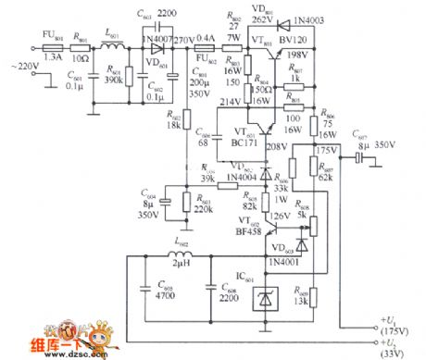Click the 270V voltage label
[x=183, y=42]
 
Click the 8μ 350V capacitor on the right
[x=357, y=158]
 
